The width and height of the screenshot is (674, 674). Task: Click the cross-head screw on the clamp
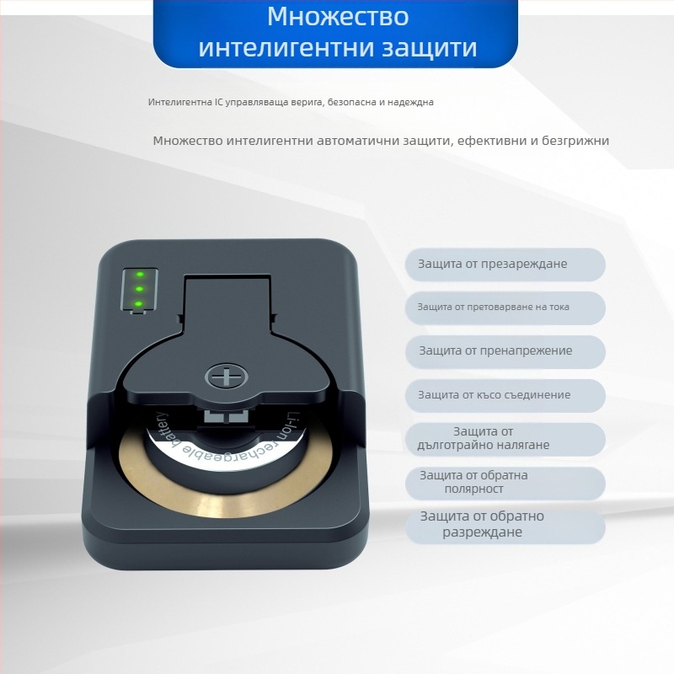coord(224,376)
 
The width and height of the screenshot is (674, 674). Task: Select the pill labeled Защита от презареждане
coord(505,265)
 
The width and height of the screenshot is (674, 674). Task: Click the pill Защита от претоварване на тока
coord(505,308)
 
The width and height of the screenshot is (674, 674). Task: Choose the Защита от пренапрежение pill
coord(505,351)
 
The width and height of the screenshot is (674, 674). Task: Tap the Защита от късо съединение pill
coord(505,395)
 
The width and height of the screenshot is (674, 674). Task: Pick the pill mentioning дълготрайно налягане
coord(505,439)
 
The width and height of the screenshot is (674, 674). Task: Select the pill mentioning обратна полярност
coord(505,483)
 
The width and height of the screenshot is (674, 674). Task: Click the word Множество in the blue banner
coord(337,17)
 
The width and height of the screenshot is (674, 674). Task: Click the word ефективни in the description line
coord(489,141)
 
